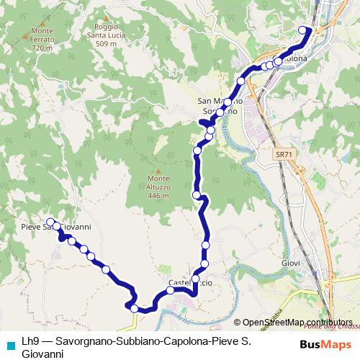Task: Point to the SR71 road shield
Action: pyautogui.click(x=283, y=154)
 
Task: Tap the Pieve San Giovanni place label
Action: pyautogui.click(x=55, y=227)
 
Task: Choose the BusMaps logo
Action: pyautogui.click(x=325, y=343)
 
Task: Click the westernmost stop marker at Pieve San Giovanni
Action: pyautogui.click(x=50, y=222)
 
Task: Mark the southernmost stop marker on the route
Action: pyautogui.click(x=134, y=308)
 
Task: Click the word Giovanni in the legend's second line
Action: pyautogui.click(x=44, y=354)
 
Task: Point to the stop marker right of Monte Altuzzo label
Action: pyautogui.click(x=197, y=194)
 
